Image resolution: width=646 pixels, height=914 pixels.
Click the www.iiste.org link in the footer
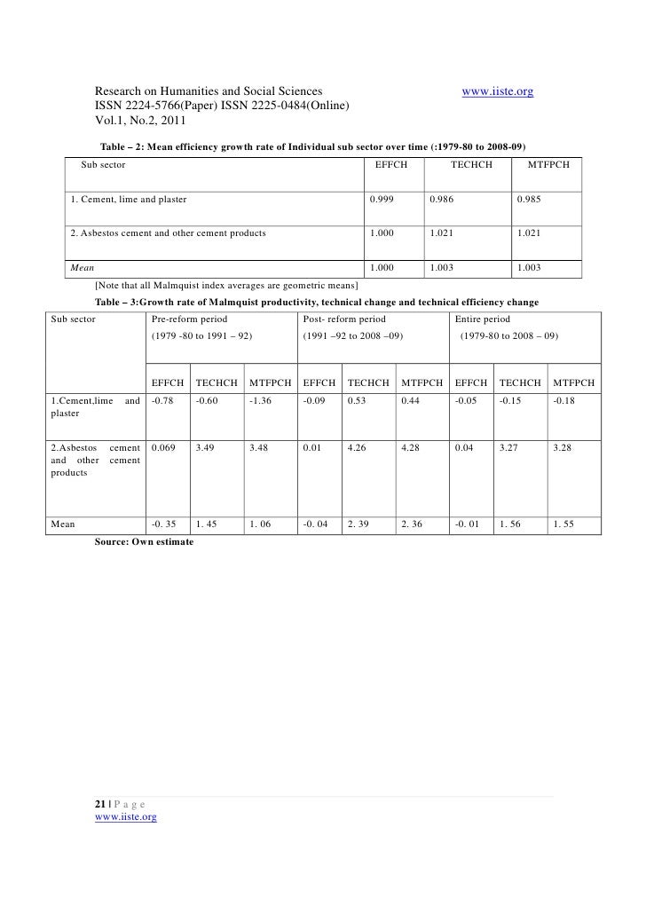click(x=125, y=817)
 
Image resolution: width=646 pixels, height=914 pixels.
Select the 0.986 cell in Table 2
click(x=442, y=199)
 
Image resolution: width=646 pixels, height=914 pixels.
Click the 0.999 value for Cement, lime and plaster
click(x=382, y=199)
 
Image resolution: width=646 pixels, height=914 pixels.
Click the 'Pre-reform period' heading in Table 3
click(x=190, y=319)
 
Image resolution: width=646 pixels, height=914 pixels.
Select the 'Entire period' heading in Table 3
click(x=484, y=319)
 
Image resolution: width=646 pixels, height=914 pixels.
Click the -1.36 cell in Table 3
click(x=262, y=401)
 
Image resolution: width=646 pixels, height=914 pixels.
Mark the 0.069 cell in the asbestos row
click(x=163, y=448)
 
